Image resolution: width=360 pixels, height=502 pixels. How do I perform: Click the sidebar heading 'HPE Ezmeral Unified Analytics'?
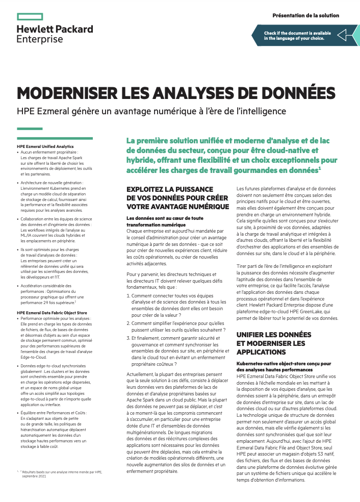click(x=45, y=146)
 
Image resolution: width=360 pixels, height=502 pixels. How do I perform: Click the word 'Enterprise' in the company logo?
click(x=40, y=39)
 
